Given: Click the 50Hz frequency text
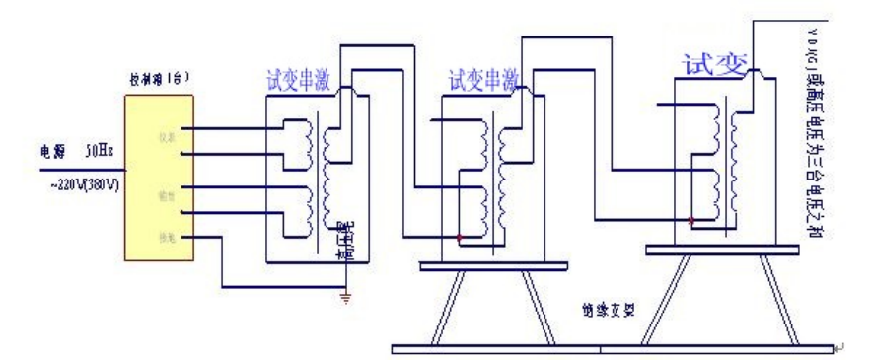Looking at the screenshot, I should tap(100, 153).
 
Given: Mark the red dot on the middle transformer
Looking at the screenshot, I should tap(460, 238).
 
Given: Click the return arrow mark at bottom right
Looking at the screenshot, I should tap(839, 347).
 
